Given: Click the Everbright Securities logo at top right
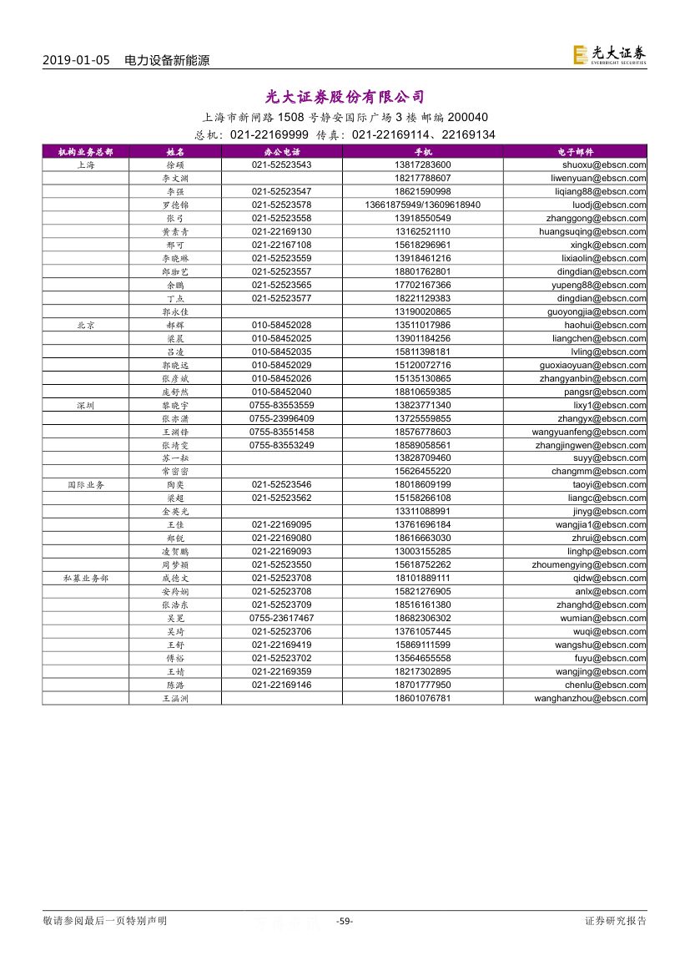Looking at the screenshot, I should [609, 54].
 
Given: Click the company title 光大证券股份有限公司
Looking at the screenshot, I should [345, 97].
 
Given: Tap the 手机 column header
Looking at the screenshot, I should [422, 152].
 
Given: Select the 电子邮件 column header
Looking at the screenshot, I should [575, 152].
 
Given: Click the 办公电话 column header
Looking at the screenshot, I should [281, 152].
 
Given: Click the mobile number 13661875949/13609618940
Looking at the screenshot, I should [422, 205].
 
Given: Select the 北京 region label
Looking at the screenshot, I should [85, 325].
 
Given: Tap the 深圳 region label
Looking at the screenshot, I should [85, 405].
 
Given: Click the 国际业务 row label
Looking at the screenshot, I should [85, 484].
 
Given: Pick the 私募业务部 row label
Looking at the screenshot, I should [85, 578].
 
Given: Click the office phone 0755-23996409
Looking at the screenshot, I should [281, 418].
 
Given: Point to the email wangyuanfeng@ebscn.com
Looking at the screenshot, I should [589, 432].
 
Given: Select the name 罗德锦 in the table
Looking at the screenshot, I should [175, 205].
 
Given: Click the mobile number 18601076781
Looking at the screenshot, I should [422, 698].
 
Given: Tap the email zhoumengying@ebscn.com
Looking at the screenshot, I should [589, 564].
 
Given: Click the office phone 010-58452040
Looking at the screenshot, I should [281, 392].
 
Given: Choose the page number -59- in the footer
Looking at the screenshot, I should [344, 921].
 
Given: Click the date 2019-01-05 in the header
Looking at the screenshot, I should [75, 60].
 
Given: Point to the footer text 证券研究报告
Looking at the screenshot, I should [616, 921].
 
